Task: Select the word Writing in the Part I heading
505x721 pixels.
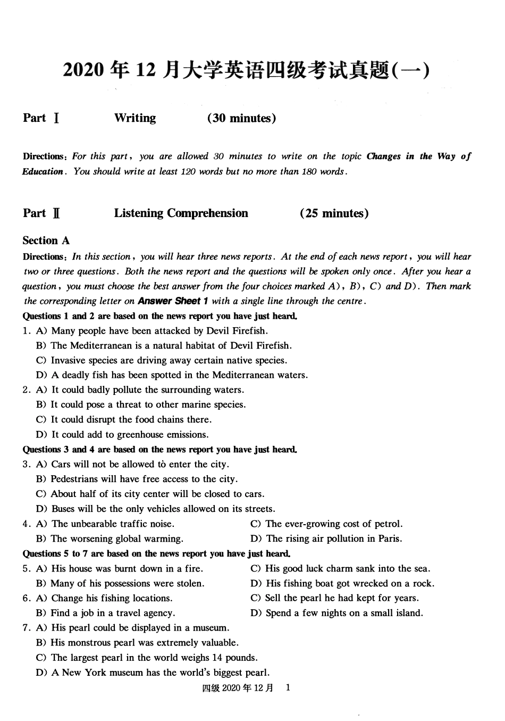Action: pos(135,118)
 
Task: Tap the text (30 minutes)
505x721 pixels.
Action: pos(241,118)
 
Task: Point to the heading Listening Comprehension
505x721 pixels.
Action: pos(181,213)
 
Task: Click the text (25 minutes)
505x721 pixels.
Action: pos(334,213)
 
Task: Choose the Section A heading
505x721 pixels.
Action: pos(46,241)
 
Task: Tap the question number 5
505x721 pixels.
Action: pos(26,568)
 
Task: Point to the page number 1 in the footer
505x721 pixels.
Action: pos(288,687)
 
